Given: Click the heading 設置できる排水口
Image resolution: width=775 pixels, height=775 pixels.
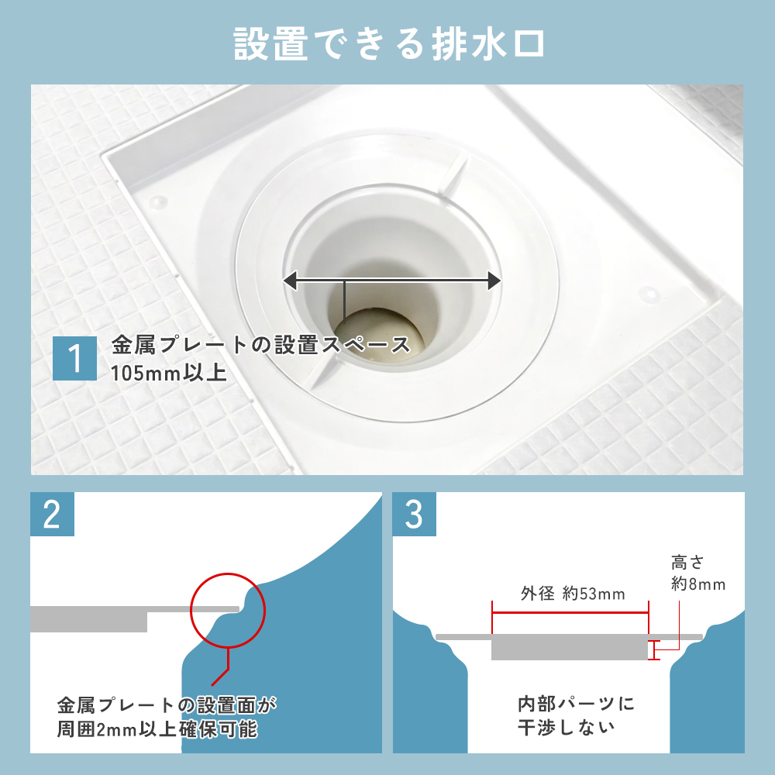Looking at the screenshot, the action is [389, 44].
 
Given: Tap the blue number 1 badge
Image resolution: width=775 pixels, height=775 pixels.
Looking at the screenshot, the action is [74, 358].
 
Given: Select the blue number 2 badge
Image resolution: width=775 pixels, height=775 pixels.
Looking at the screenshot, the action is [52, 514].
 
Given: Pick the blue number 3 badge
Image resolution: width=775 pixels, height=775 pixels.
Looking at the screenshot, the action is [414, 514].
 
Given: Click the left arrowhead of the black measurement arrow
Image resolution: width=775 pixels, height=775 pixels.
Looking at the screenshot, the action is [290, 281].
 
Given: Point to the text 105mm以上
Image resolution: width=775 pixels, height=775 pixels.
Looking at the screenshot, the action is [168, 374].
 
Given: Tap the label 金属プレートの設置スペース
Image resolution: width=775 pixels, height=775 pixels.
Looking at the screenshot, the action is [261, 345].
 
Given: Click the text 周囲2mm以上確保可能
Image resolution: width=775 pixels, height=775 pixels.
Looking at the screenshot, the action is [157, 729].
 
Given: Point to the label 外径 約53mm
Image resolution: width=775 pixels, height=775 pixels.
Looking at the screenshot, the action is [573, 593].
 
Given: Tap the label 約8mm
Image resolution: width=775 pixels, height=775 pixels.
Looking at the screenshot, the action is [698, 584].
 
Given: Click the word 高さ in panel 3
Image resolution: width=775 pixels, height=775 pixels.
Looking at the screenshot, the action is [687, 563].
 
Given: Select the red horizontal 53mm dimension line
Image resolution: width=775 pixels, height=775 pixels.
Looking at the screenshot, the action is [570, 613].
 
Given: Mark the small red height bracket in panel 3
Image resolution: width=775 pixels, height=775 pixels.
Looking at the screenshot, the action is [653, 650].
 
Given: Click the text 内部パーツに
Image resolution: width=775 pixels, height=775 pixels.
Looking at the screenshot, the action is [576, 704].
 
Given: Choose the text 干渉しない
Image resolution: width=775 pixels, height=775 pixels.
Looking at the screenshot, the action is [567, 727].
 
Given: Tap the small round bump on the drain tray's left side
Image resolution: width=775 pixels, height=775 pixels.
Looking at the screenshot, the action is [158, 201].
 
